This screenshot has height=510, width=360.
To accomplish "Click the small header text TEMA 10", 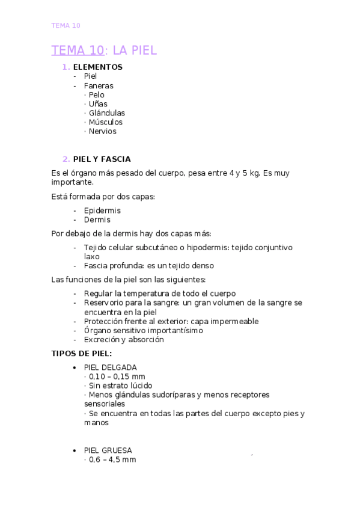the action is [x=66, y=25].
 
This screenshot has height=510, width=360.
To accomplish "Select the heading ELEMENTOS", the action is [x=97, y=67].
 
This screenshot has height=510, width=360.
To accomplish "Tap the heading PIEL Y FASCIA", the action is [x=102, y=159].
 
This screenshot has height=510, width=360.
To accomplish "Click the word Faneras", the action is [x=99, y=85].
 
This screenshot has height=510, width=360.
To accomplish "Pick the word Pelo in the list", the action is [x=96, y=94].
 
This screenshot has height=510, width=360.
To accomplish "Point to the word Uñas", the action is [x=98, y=103].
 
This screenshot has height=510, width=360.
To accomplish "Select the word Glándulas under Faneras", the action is [x=106, y=113].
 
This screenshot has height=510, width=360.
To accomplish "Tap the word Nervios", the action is [x=102, y=131].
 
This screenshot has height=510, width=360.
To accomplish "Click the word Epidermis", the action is [x=102, y=210].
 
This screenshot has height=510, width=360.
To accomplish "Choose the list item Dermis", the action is [x=97, y=220].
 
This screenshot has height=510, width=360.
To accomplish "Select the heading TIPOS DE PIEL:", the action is [x=82, y=353].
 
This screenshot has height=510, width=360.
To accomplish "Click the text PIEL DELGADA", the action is [x=111, y=367].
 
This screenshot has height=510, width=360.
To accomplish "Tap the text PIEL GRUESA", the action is [x=108, y=450].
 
